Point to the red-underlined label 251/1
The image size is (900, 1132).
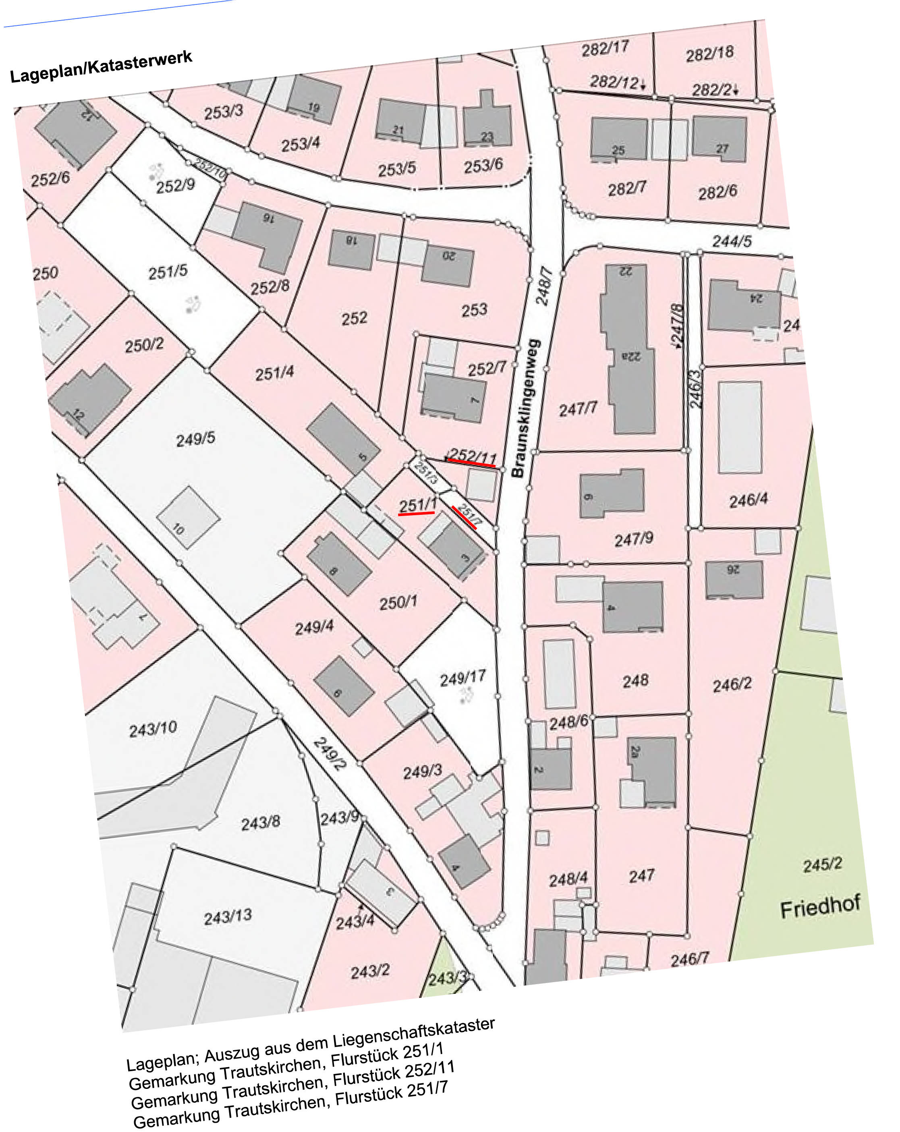coord(417,505)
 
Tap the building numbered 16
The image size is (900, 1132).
coord(267,236)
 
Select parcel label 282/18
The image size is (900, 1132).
coord(709,54)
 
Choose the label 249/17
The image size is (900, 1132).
coord(462,679)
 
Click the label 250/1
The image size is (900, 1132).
coord(398,602)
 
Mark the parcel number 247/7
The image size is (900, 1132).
coord(578,408)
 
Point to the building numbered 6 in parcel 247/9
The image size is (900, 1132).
coord(612,494)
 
